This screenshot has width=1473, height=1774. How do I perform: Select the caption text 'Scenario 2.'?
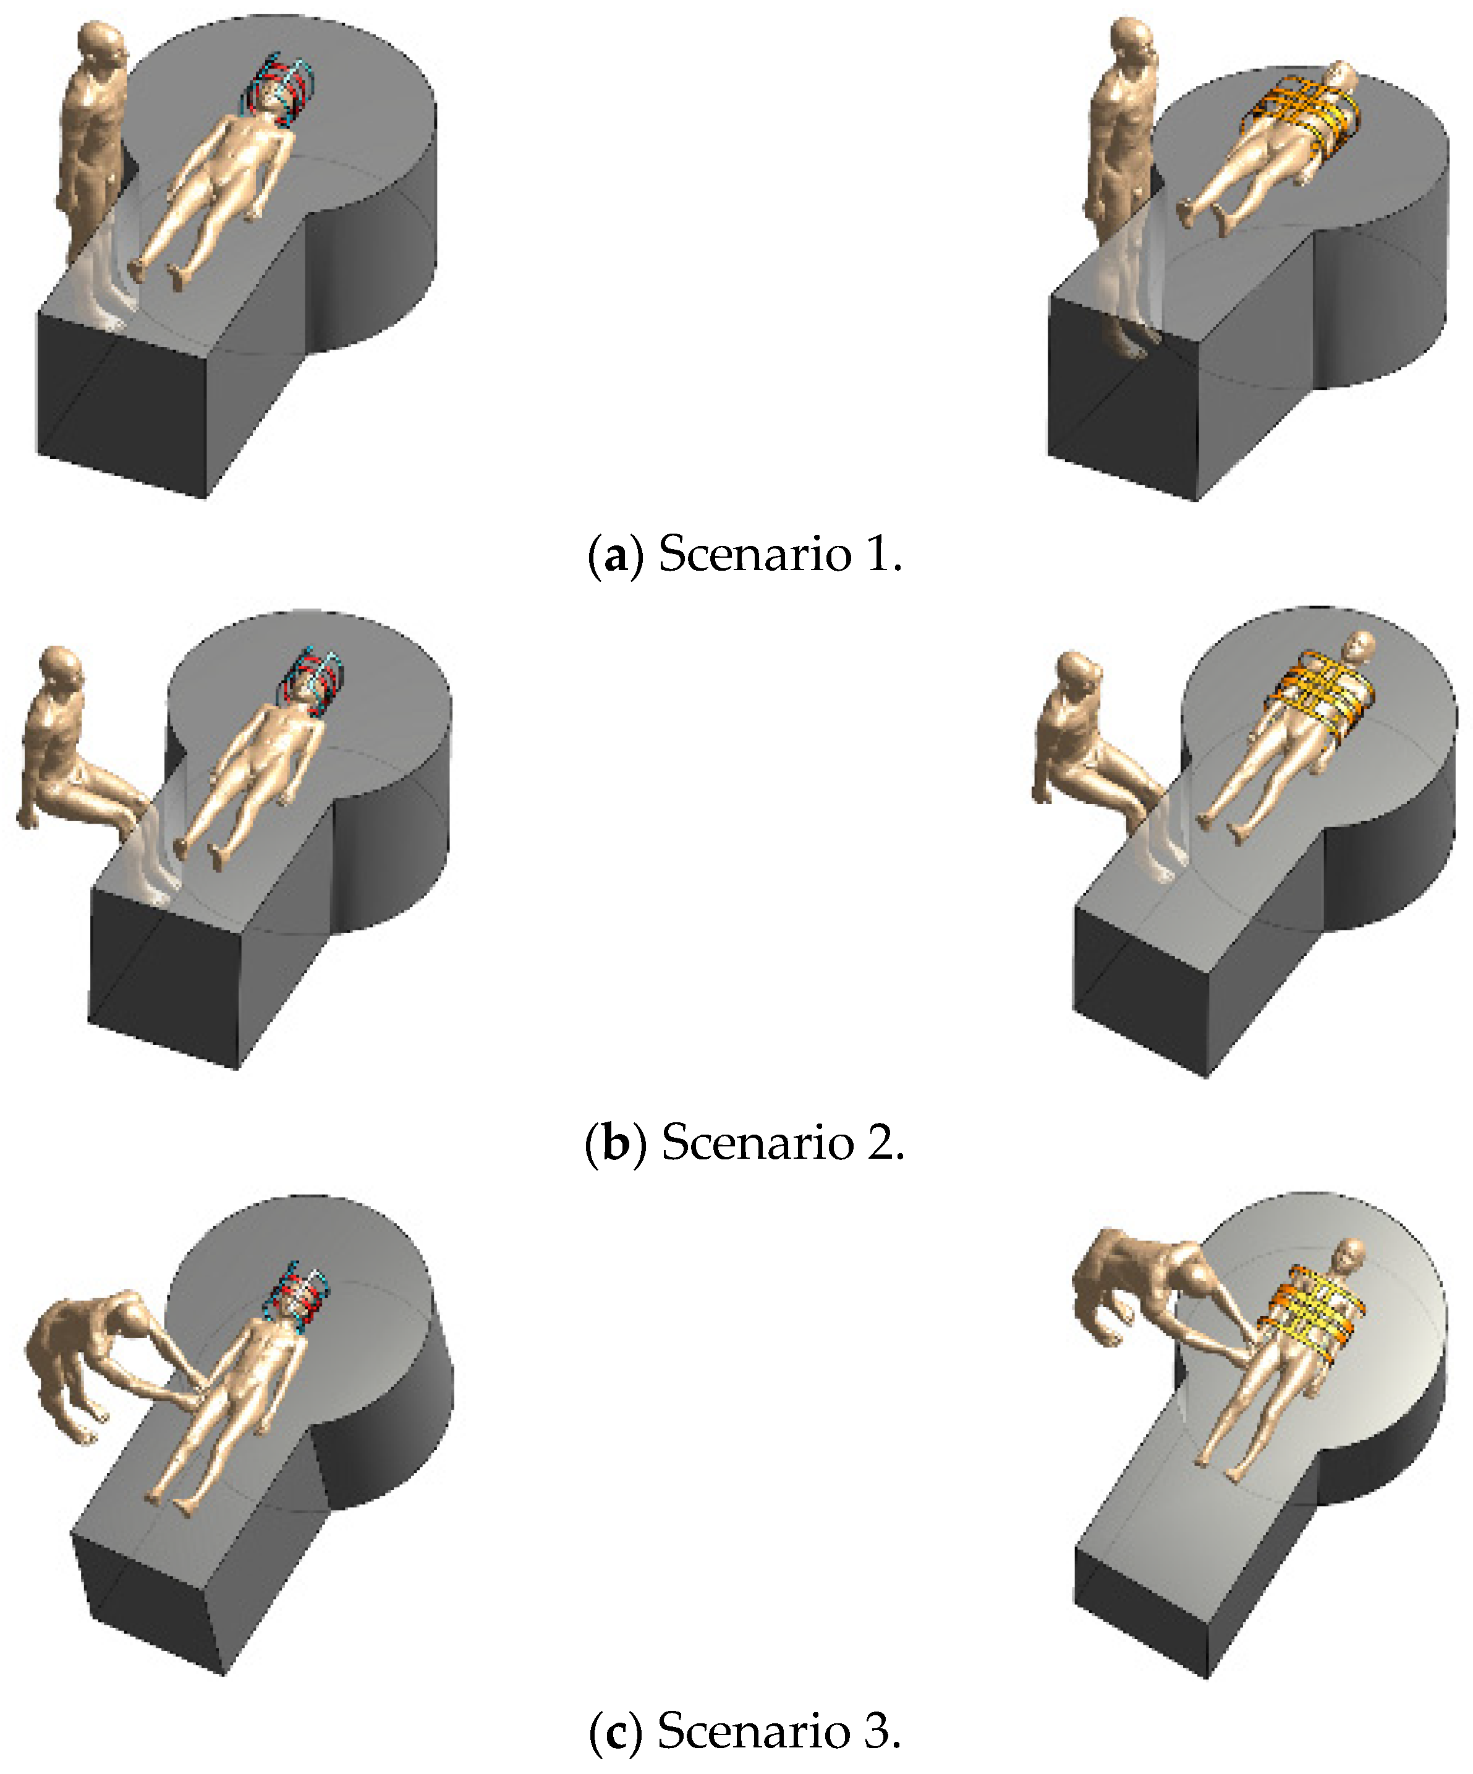pyautogui.click(x=782, y=1143)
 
